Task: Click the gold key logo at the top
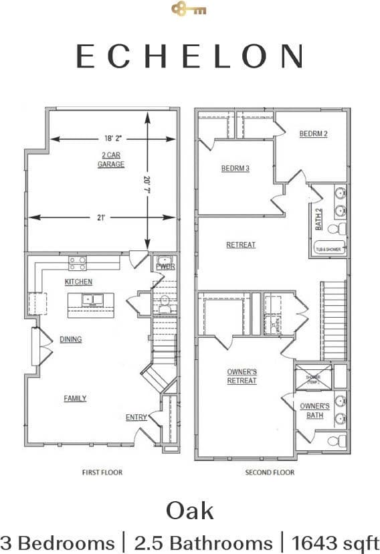coord(189,9)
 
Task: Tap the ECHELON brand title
coord(189,56)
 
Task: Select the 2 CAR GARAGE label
coord(111,159)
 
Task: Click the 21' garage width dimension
coord(100,217)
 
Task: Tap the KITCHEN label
coord(78,282)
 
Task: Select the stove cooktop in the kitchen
coord(78,262)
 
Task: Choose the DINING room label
coord(70,339)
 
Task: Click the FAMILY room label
coord(75,398)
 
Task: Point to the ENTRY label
coord(136,418)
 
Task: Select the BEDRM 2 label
coord(313,134)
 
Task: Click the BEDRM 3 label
coord(235,169)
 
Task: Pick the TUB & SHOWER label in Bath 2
coord(328,250)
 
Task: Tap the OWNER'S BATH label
coord(314,410)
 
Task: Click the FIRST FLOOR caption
coord(102,472)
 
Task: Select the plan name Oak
coord(190,511)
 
